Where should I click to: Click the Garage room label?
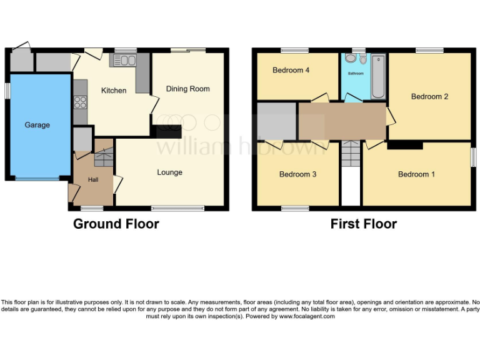[x=37, y=125]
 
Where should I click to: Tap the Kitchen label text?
[x=114, y=91]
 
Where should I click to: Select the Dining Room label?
[x=187, y=89]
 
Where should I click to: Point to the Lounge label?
[x=169, y=172]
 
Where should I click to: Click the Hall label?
[x=92, y=180]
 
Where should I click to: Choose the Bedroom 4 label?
[x=291, y=71]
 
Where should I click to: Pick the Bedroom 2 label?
[x=429, y=97]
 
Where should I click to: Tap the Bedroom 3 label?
[x=297, y=174]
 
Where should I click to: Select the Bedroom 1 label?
[x=417, y=174]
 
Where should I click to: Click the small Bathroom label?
[x=355, y=74]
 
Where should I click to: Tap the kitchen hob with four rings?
[x=80, y=101]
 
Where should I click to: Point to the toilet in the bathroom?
[x=351, y=59]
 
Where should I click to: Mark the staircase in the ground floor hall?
[x=102, y=157]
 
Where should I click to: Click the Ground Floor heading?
[x=116, y=224]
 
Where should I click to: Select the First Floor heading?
[x=364, y=224]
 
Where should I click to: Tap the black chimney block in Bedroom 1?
[x=405, y=146]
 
